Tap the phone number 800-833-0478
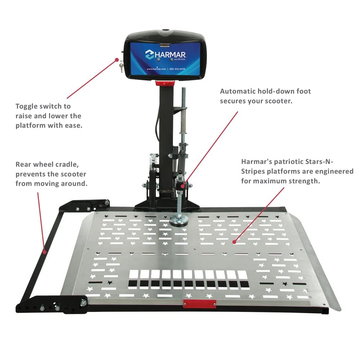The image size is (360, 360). pyautogui.click(x=177, y=69)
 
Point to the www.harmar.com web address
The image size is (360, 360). pyautogui.click(x=156, y=69)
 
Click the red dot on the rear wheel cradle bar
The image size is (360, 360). pyautogui.click(x=44, y=252)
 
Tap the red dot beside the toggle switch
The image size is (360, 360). pyautogui.click(x=117, y=60)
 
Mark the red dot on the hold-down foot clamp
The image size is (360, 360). pyautogui.click(x=183, y=186)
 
